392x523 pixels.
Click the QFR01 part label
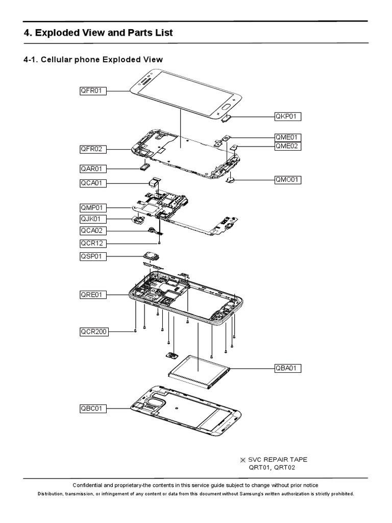(x=92, y=91)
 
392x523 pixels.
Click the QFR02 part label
(x=92, y=149)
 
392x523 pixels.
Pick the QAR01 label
(x=92, y=168)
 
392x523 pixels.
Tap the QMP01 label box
(x=92, y=208)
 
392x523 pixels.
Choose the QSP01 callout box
(x=92, y=256)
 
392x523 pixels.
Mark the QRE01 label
(x=92, y=294)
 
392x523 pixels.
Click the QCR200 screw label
(x=94, y=331)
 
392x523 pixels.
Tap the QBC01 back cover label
(x=92, y=408)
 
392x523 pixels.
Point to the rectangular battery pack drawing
(x=200, y=369)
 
